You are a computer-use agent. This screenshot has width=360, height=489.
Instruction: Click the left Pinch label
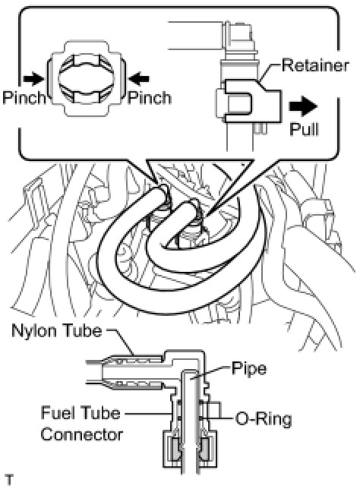(x=24, y=98)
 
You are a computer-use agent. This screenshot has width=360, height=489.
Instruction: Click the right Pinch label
(x=149, y=98)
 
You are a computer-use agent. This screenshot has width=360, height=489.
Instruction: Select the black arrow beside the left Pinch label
(x=33, y=79)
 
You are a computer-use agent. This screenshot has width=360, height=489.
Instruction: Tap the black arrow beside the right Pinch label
(x=139, y=79)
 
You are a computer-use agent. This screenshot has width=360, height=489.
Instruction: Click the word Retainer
(x=315, y=65)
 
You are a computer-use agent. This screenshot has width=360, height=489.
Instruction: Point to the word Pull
(x=304, y=128)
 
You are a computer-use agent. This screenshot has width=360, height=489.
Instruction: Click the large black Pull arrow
(x=303, y=106)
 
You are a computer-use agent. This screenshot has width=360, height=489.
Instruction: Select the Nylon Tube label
(x=57, y=330)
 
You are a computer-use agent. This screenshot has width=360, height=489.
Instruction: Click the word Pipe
(x=249, y=369)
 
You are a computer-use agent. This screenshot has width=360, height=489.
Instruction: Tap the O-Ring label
(x=264, y=419)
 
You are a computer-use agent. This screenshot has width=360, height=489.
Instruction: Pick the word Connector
(x=82, y=434)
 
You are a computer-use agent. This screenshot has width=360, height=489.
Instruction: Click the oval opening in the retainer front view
(x=87, y=79)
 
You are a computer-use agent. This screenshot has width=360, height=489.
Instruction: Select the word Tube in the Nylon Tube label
(x=84, y=330)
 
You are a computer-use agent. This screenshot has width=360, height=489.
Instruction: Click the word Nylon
(x=36, y=331)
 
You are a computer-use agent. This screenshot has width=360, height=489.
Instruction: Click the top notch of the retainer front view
(x=87, y=47)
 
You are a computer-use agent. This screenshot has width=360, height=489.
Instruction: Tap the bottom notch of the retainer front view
(x=87, y=110)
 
